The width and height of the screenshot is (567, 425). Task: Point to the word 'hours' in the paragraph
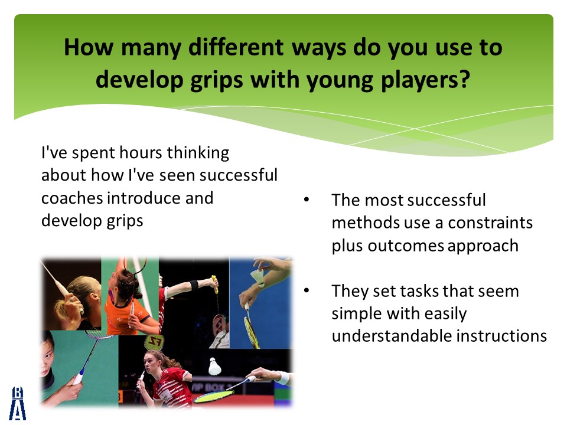coord(141,152)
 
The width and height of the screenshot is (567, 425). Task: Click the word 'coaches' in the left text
coord(72,198)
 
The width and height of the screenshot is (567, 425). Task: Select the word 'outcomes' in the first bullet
coord(405,246)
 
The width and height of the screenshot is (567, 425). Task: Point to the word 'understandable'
coord(392,336)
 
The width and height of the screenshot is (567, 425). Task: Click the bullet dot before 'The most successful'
coord(307,200)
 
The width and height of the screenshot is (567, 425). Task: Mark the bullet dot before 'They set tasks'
coord(307,290)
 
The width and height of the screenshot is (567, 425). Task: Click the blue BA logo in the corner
coord(17,403)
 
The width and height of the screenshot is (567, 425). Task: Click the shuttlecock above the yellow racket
coord(215,366)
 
